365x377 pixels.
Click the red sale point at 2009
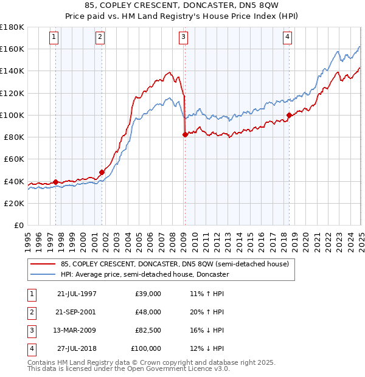[184, 134]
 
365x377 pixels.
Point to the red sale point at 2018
[289, 115]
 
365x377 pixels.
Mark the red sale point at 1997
[56, 182]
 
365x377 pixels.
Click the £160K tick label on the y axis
[12, 49]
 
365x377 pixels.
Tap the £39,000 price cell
[148, 293]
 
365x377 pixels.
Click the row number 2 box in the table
[30, 311]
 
